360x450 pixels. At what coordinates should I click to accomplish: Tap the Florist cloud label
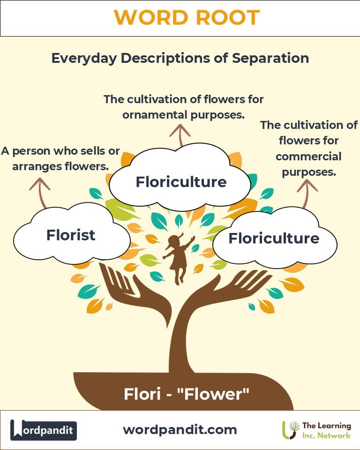pyautogui.click(x=71, y=235)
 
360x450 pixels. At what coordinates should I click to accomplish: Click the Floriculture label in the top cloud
pyautogui.click(x=181, y=181)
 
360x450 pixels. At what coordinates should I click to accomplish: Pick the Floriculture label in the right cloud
pyautogui.click(x=274, y=238)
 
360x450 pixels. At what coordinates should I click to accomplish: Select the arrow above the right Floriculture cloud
pyautogui.click(x=307, y=192)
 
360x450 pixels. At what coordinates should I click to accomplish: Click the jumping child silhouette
pyautogui.click(x=179, y=258)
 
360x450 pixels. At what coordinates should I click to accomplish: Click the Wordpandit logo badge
pyautogui.click(x=44, y=430)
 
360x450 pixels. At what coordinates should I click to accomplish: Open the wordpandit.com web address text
pyautogui.click(x=180, y=429)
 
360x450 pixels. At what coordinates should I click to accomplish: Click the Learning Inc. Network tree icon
pyautogui.click(x=292, y=429)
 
